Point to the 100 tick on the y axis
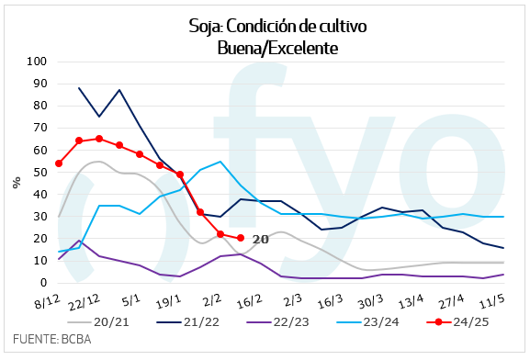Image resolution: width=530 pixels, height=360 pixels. tap(37, 62)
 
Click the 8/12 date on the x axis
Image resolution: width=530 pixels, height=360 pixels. tap(49, 300)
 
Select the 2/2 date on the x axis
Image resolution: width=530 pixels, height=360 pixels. tap(212, 300)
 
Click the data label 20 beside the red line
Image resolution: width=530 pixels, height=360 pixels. tap(260, 239)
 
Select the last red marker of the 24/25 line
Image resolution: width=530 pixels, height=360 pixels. tap(240, 239)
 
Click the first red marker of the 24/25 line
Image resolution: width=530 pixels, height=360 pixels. tap(59, 163)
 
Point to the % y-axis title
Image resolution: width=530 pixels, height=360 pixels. tap(16, 182)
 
